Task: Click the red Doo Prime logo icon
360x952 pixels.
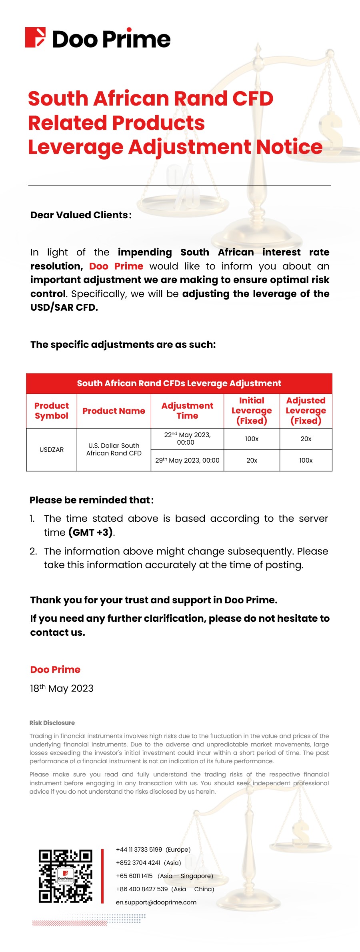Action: [35, 38]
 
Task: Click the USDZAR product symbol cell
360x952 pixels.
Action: [52, 450]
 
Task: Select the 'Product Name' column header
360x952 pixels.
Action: [114, 411]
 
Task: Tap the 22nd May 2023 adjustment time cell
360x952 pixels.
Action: [187, 439]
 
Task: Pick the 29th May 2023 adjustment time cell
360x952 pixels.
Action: [187, 461]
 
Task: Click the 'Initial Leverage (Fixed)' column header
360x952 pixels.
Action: [252, 411]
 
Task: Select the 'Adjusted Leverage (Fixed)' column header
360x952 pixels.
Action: [306, 411]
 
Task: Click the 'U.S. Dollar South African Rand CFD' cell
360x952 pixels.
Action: [114, 449]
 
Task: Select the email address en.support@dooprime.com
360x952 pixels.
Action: [156, 902]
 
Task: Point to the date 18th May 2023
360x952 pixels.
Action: [62, 689]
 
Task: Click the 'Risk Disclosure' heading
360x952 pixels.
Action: [52, 723]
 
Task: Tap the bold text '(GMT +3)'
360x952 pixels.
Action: [91, 533]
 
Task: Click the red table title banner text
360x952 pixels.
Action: [179, 383]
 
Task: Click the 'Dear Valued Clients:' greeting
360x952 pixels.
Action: [81, 215]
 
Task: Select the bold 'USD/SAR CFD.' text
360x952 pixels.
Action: [64, 307]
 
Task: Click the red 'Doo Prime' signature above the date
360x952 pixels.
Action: [55, 670]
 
